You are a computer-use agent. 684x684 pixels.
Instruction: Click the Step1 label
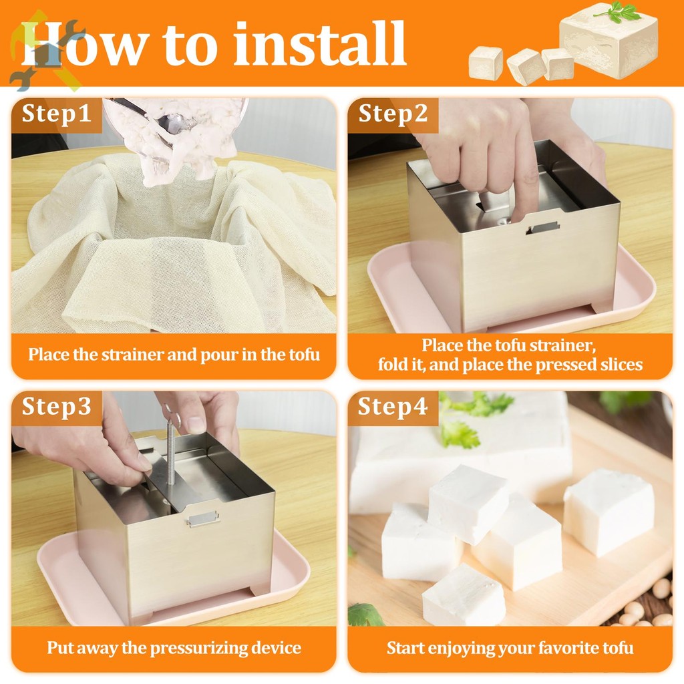pos(56,114)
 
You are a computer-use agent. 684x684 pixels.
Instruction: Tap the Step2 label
pos(393,114)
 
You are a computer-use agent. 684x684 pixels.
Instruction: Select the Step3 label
pos(56,407)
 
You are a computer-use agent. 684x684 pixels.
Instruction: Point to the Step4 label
pos(393,407)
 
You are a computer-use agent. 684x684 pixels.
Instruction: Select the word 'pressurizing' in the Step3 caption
pos(199,648)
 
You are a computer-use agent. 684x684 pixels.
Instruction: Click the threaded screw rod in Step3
pos(170,452)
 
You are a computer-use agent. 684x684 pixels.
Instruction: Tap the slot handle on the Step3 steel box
pos(202,518)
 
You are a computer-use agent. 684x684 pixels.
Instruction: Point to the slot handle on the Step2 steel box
pos(543,227)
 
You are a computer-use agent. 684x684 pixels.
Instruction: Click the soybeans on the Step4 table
pos(646,607)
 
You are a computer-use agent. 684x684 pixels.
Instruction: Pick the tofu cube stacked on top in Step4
pos(468,503)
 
